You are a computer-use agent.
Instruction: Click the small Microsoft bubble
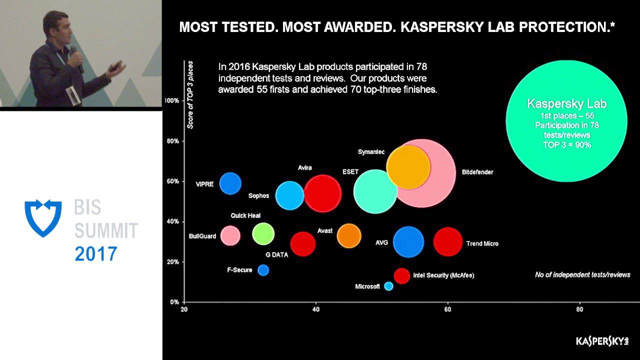388,286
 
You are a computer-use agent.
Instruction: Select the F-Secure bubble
263,270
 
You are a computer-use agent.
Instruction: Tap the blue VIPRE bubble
230,183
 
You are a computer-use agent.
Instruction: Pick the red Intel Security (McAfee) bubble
401,275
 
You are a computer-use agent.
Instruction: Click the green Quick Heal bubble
263,233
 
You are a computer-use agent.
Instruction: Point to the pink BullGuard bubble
230,235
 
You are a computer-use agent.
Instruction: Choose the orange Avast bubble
349,236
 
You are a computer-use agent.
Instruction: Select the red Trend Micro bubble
448,241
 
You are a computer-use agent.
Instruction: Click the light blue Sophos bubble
290,195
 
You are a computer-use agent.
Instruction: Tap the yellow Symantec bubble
408,167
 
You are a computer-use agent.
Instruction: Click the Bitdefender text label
477,172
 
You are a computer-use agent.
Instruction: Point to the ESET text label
350,171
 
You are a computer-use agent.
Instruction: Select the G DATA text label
276,254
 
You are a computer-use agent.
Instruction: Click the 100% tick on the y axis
171,100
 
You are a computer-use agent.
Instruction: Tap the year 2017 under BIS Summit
96,254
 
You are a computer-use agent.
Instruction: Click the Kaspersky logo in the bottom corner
601,341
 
